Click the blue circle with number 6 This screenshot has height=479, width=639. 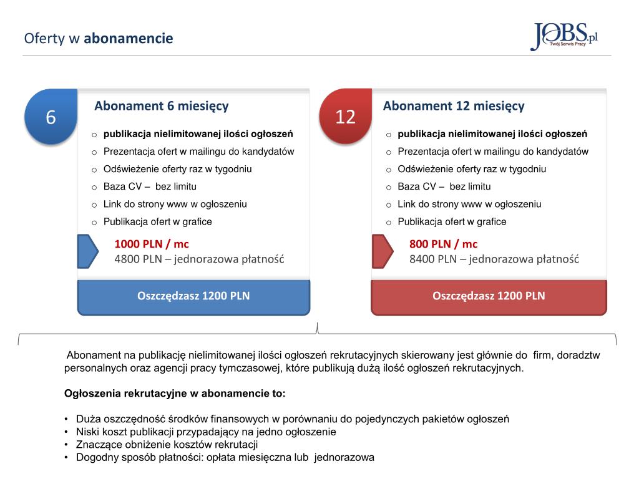pyautogui.click(x=51, y=117)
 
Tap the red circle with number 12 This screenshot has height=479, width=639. pyautogui.click(x=345, y=117)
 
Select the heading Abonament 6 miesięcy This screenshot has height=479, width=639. pyautogui.click(x=161, y=106)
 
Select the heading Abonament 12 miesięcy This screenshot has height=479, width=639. pyautogui.click(x=454, y=106)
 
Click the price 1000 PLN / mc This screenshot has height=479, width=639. pyautogui.click(x=152, y=244)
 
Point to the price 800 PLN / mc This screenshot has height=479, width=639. pyautogui.click(x=443, y=244)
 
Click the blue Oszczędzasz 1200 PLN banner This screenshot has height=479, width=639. pyautogui.click(x=193, y=296)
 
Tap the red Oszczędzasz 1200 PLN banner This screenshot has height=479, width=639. pyautogui.click(x=489, y=296)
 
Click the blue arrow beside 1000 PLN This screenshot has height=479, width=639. pyautogui.click(x=87, y=251)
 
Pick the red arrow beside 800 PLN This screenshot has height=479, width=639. pyautogui.click(x=382, y=251)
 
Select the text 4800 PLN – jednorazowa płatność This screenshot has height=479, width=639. pyautogui.click(x=199, y=259)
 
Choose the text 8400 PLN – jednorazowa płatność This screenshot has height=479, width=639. pyautogui.click(x=494, y=259)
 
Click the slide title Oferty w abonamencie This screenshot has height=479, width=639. pyautogui.click(x=99, y=39)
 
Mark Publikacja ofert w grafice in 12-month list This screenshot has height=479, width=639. pyautogui.click(x=452, y=221)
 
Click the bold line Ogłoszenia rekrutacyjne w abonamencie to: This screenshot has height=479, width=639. pyautogui.click(x=175, y=394)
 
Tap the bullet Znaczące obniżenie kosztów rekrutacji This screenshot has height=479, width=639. pyautogui.click(x=167, y=445)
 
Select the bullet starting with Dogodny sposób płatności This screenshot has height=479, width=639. pyautogui.click(x=225, y=457)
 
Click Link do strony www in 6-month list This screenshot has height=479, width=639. pyautogui.click(x=175, y=204)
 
